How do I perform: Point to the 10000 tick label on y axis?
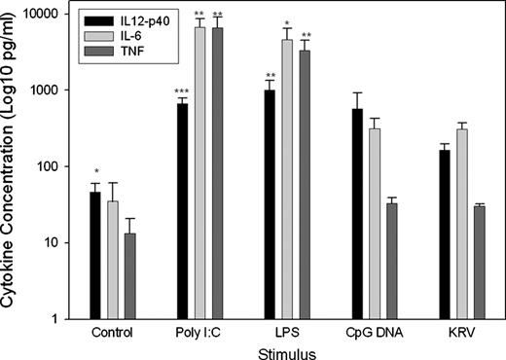(x=41, y=14)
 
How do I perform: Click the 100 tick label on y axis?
(x=49, y=166)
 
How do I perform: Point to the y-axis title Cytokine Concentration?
(x=11, y=165)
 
